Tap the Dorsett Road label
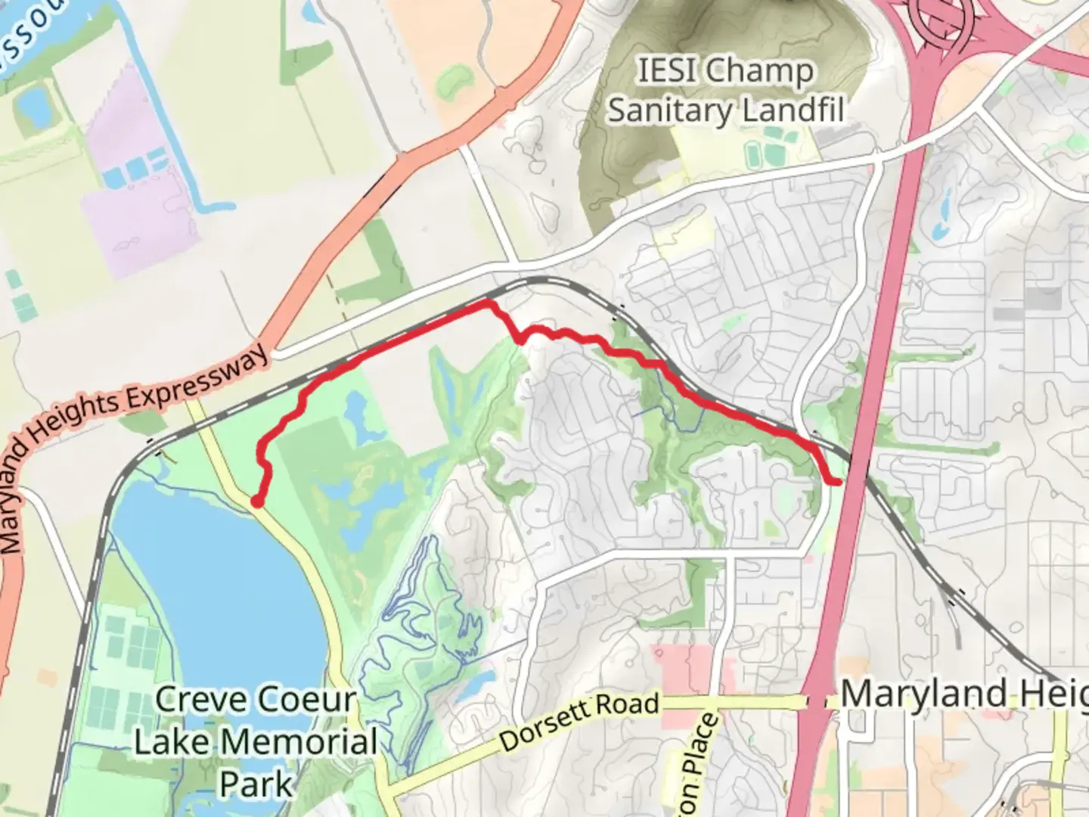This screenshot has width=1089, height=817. (579, 722)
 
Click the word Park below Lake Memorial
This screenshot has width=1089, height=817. (256, 784)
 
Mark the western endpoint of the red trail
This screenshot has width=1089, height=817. (257, 501)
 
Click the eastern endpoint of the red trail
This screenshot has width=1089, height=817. (838, 481)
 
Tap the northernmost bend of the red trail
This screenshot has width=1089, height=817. (486, 303)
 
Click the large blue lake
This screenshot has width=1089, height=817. (219, 590)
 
